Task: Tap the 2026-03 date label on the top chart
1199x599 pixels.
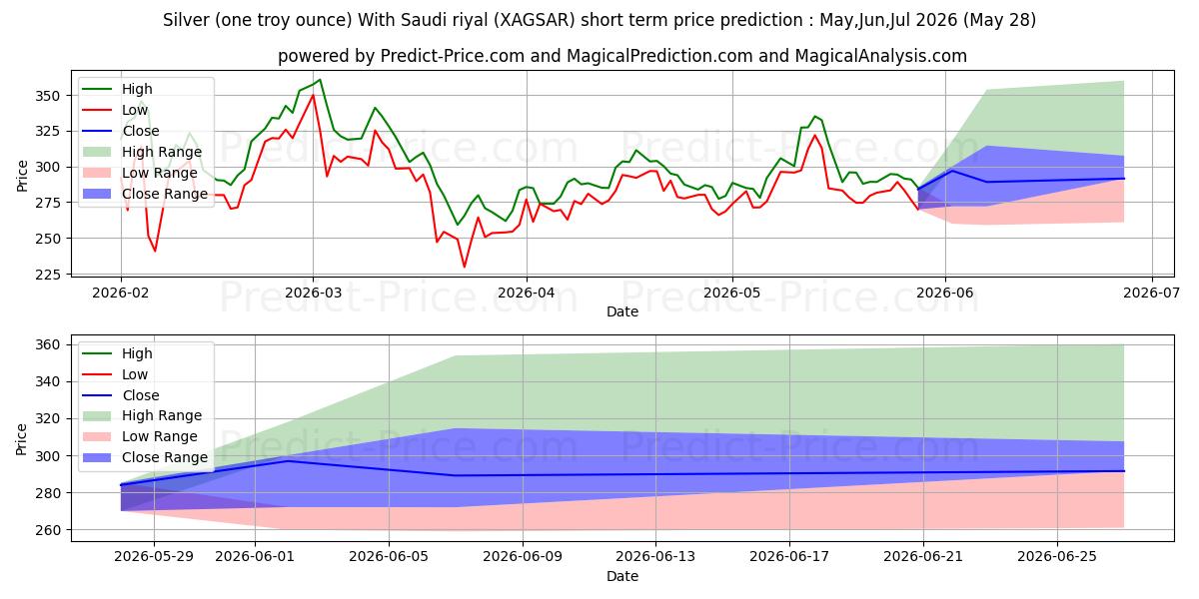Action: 313,294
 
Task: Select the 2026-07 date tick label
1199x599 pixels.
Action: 1151,294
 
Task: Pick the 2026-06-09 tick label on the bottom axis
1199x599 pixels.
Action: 523,557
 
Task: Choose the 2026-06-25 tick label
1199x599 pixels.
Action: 1057,557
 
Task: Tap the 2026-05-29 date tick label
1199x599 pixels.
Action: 154,557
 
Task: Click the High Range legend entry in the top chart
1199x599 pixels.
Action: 142,152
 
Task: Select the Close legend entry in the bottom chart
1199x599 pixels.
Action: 121,395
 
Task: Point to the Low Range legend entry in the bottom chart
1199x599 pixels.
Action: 140,436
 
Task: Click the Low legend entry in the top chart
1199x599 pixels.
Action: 115,110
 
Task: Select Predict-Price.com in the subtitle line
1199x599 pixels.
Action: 452,56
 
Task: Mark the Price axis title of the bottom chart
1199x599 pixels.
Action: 21,439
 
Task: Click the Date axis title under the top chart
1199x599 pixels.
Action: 621,311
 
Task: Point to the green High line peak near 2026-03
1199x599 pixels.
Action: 320,80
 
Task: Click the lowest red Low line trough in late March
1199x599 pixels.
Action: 464,267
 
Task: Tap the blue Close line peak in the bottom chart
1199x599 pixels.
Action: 288,460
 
